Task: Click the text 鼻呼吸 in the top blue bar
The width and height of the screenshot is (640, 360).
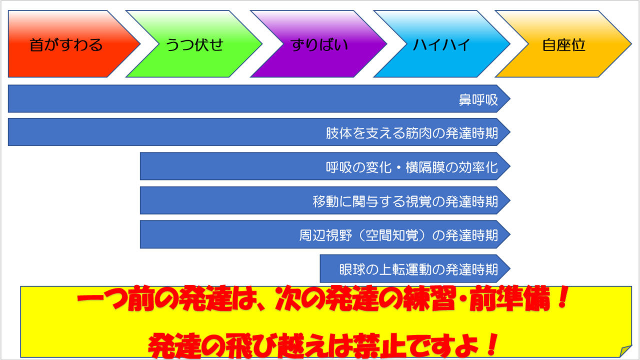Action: (x=478, y=99)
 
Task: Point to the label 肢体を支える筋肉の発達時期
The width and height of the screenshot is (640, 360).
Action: (x=412, y=133)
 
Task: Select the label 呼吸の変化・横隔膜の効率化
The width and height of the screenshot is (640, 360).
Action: (x=412, y=167)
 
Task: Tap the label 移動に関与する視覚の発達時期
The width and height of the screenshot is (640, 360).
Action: (x=405, y=201)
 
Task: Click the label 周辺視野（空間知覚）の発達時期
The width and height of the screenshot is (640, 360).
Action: (x=398, y=235)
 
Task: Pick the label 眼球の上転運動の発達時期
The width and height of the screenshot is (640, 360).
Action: (x=418, y=269)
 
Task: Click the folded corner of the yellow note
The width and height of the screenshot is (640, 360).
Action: (x=625, y=351)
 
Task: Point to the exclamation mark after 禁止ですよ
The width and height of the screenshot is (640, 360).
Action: (x=492, y=344)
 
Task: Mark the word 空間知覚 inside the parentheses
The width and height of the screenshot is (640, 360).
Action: (x=392, y=235)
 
